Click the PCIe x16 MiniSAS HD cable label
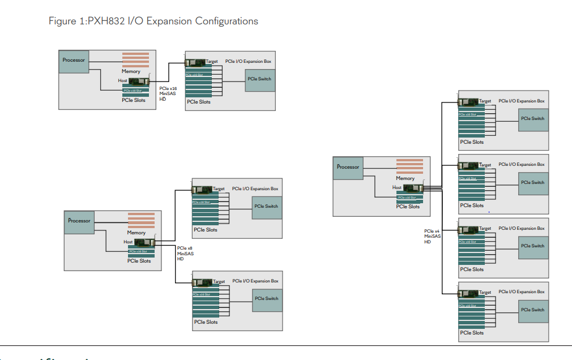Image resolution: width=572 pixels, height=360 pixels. [168, 93]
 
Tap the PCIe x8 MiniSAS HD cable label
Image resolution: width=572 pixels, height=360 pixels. [185, 253]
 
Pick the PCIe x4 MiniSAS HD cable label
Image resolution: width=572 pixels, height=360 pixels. [432, 236]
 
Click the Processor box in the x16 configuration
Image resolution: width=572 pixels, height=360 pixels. [74, 61]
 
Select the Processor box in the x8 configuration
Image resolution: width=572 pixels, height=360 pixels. [79, 221]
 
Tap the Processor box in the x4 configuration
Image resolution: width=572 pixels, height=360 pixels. [348, 167]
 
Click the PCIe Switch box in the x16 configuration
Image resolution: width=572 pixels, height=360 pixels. [259, 79]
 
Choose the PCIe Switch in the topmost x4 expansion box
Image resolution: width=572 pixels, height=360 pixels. [533, 119]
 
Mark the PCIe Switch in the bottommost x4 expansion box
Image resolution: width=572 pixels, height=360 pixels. [533, 310]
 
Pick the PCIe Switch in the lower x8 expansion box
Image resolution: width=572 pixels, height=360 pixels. [267, 299]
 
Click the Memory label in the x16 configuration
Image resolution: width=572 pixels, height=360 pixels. [131, 71]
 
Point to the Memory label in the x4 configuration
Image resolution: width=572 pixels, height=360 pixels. [405, 178]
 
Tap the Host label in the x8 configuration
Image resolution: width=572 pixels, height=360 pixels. [129, 242]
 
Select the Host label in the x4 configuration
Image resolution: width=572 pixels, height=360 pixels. [397, 187]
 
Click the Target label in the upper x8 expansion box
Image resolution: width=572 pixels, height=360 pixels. [219, 189]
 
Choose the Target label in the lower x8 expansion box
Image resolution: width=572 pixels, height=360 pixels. [219, 281]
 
